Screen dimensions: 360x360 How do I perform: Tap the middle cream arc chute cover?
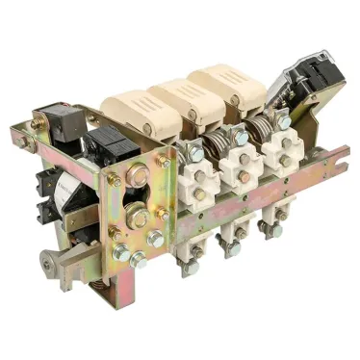click(x=187, y=95)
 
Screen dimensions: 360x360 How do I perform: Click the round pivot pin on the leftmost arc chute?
click(x=146, y=127)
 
